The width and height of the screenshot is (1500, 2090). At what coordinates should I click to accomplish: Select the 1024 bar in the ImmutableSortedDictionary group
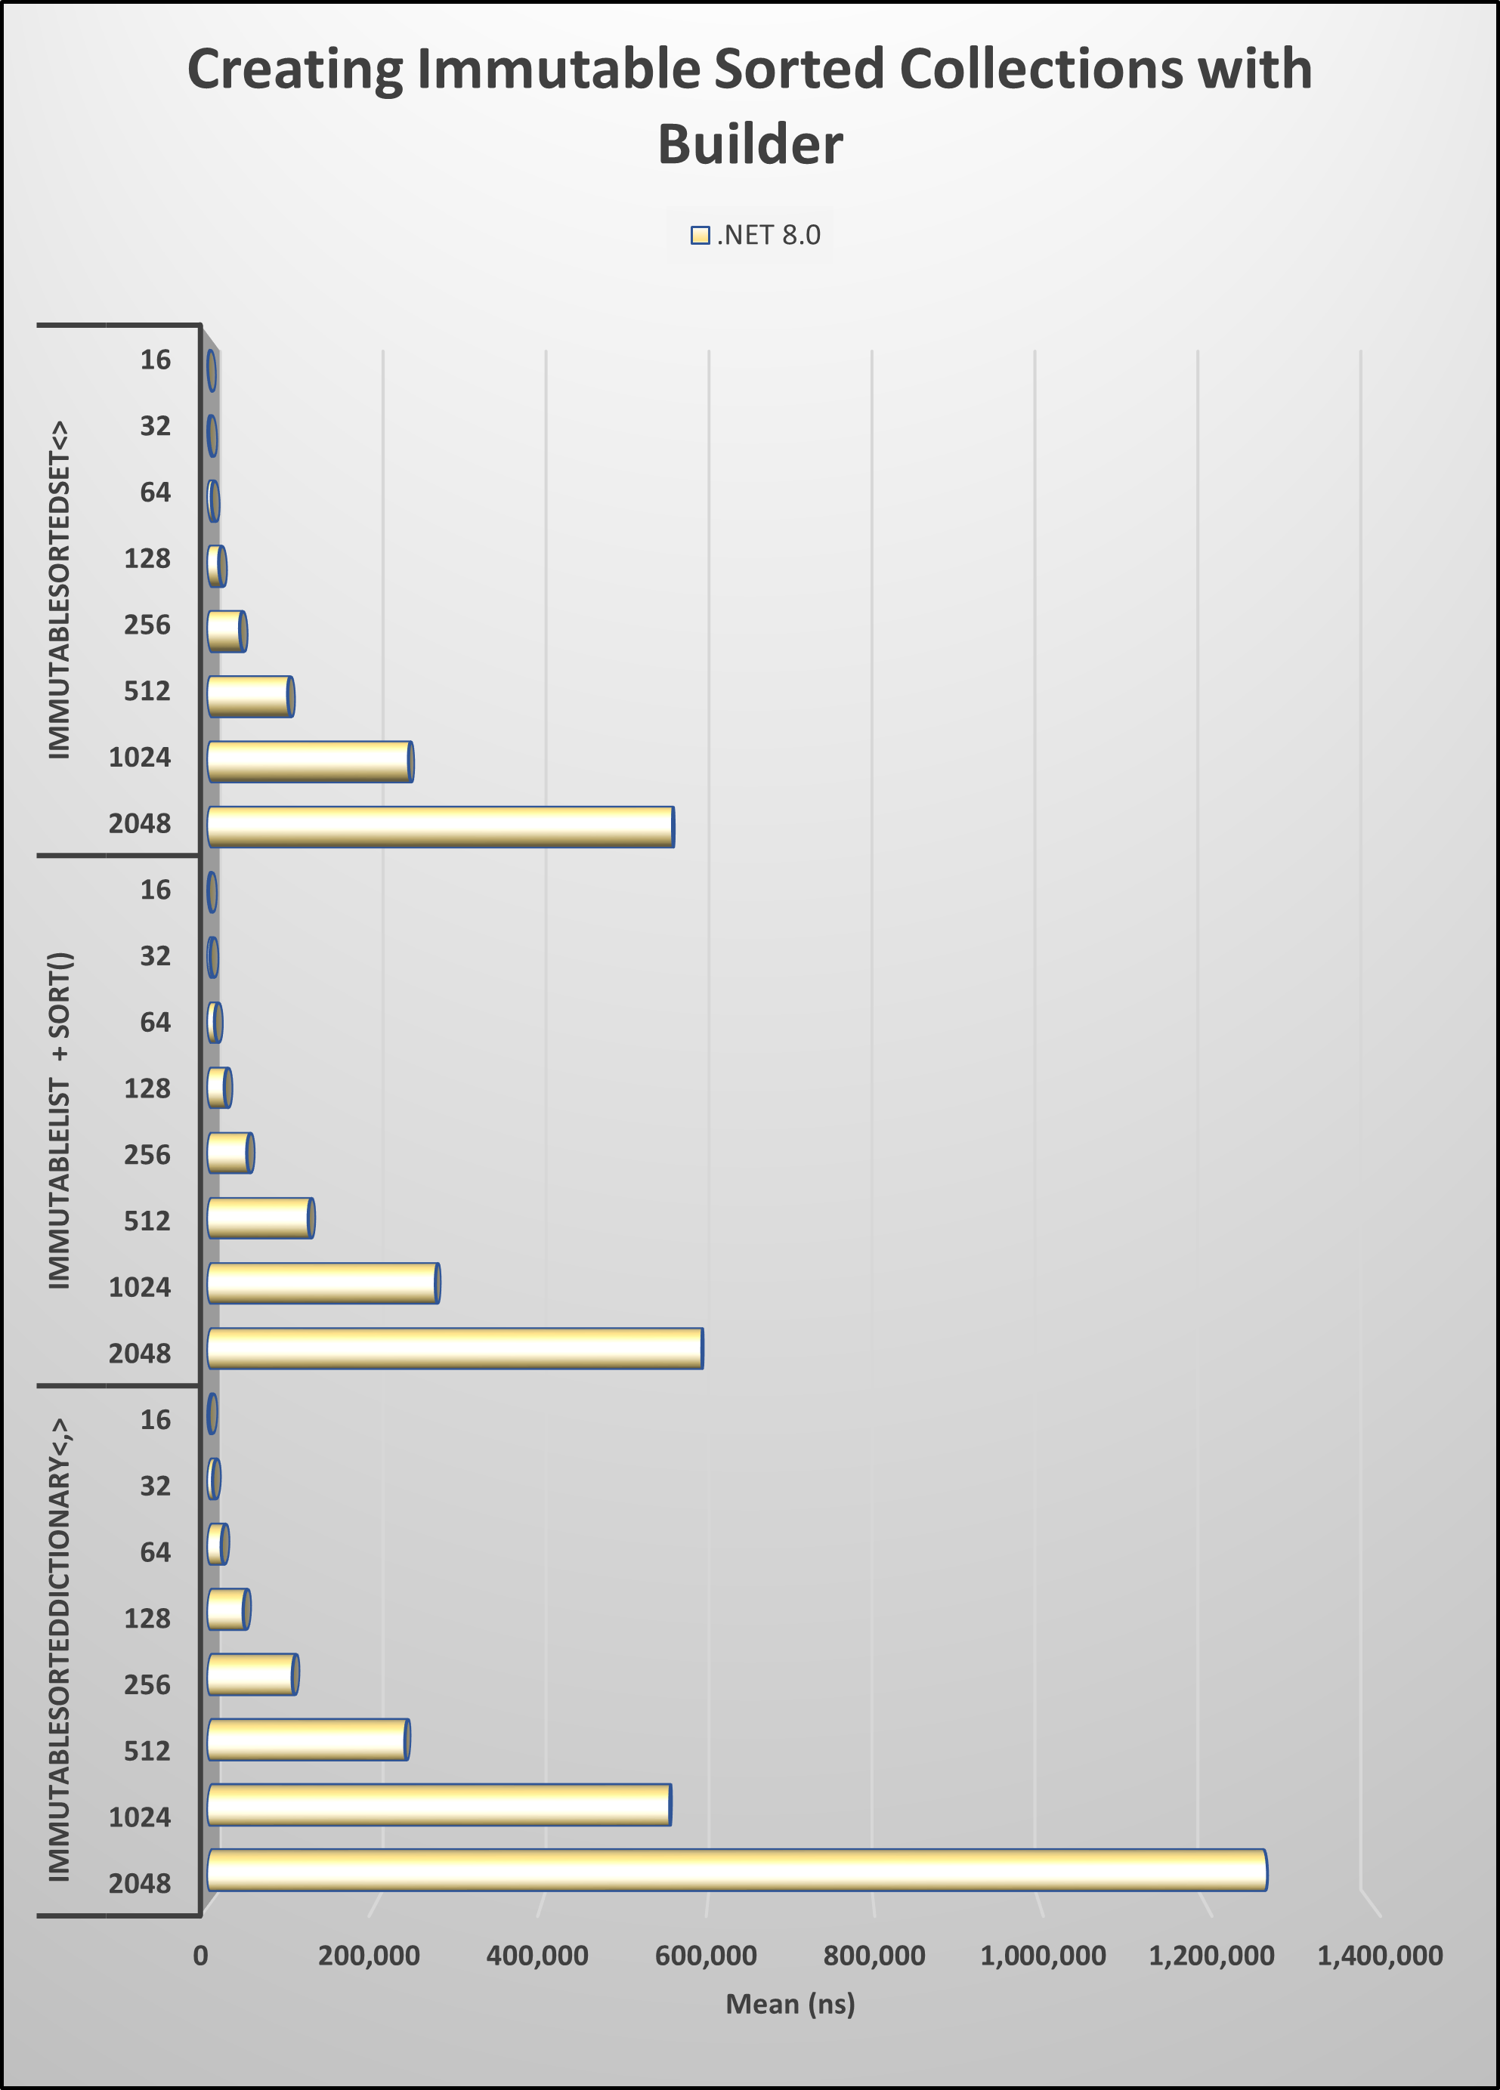coord(439,1804)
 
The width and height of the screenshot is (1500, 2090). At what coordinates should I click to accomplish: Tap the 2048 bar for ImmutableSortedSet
coord(441,826)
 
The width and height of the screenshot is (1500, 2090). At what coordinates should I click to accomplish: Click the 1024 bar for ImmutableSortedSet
coord(310,762)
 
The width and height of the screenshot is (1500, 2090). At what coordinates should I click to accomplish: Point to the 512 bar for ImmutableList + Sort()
coord(260,1218)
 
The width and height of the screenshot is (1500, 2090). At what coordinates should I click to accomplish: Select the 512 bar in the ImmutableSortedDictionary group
coord(308,1740)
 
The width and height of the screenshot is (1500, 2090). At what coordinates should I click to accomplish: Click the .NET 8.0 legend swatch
coord(700,236)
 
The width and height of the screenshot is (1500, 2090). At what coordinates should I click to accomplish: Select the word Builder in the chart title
coord(750,145)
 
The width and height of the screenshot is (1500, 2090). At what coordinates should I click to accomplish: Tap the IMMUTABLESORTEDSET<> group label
coord(59,590)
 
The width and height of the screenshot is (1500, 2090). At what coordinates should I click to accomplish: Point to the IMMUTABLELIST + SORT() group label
coord(59,1119)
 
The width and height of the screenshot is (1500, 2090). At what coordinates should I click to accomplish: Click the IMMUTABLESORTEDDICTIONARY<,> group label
coord(59,1650)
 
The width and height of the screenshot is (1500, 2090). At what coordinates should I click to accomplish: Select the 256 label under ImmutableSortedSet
coord(147,625)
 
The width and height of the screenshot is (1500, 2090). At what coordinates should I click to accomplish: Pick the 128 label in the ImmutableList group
coord(147,1089)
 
